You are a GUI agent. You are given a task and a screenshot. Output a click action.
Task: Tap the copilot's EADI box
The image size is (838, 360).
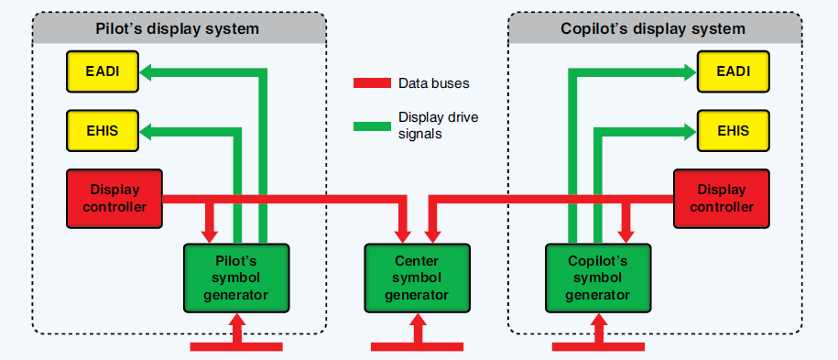[733, 71]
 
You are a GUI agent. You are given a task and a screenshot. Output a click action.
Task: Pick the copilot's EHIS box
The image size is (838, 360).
[733, 131]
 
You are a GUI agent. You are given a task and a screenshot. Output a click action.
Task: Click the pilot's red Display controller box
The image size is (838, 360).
[114, 198]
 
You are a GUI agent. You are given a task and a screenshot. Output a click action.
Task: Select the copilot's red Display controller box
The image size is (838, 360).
[722, 198]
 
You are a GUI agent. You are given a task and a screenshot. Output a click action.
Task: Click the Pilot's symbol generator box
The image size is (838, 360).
[236, 277]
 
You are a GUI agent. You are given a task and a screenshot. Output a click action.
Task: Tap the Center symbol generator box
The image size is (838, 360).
[417, 277]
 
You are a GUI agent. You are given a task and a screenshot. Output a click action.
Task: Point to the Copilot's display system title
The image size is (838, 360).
[653, 28]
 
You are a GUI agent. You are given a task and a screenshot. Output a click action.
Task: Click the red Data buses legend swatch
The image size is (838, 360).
[371, 83]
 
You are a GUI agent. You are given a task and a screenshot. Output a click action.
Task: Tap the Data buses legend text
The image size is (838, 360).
[434, 83]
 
